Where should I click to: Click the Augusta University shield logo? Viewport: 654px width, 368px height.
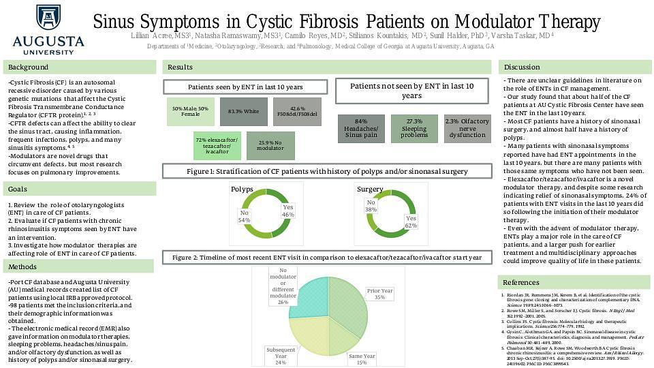(48, 18)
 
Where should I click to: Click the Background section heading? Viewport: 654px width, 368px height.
(28, 67)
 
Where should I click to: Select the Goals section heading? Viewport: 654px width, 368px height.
(18, 189)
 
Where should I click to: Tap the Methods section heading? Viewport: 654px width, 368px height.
(23, 266)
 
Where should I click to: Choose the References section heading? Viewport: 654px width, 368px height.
(520, 282)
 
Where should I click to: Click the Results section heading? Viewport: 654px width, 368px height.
(180, 67)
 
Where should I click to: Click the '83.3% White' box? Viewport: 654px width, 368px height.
(243, 112)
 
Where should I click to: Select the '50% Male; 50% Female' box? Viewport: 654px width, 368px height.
(190, 112)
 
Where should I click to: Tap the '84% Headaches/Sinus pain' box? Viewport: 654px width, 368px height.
(361, 129)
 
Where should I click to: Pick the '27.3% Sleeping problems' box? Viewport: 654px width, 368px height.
(414, 129)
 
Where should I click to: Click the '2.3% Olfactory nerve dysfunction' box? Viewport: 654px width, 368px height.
(467, 129)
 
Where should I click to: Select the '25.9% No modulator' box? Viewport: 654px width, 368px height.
(270, 146)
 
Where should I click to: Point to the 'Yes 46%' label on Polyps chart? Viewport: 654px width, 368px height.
(288, 211)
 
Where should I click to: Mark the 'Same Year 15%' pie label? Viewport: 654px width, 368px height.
(362, 359)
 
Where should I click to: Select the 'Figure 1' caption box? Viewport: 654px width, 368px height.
(326, 170)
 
